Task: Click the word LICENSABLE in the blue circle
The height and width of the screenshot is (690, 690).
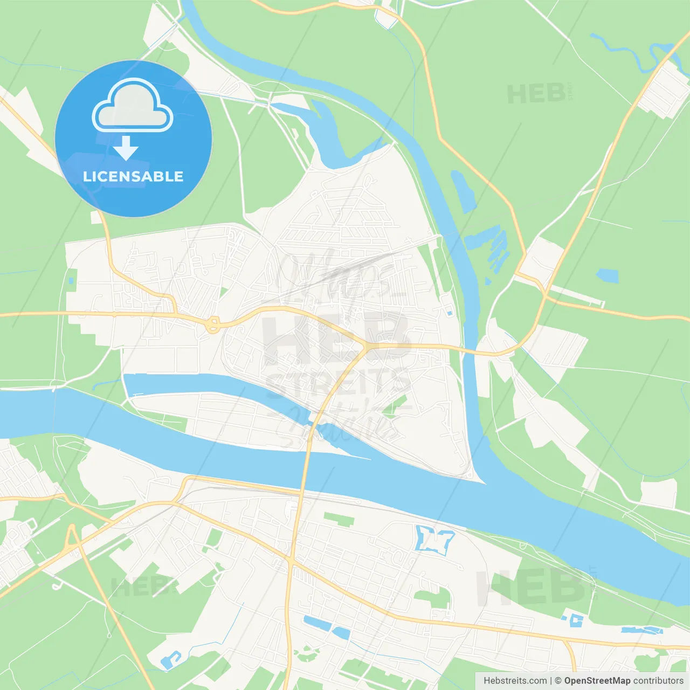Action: [x=133, y=176]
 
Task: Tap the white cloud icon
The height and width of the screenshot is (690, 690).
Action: [x=133, y=106]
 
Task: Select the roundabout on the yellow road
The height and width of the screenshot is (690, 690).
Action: [x=213, y=325]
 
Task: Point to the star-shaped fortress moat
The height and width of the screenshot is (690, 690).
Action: [x=433, y=539]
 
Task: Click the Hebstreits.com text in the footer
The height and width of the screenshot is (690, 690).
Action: [x=515, y=681]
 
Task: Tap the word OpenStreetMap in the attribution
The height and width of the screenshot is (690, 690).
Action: [x=597, y=681]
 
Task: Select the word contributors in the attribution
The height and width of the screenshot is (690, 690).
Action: [x=658, y=681]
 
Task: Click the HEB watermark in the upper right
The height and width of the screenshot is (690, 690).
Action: [x=536, y=94]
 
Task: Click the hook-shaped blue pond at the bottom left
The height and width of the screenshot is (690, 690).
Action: [x=171, y=659]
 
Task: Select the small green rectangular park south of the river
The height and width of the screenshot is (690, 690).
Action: [x=339, y=520]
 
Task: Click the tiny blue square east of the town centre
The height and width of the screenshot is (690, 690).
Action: [x=450, y=313]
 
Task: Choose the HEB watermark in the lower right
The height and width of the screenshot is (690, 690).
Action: [x=531, y=588]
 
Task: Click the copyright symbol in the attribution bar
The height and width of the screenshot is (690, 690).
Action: [x=558, y=681]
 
